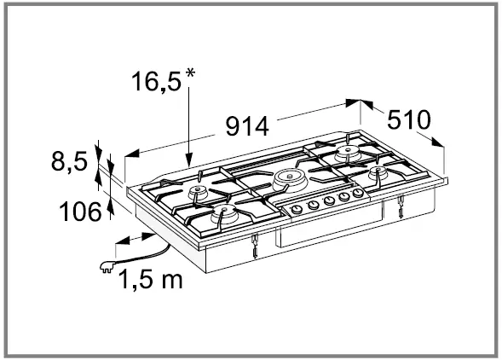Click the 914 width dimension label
(x=247, y=126)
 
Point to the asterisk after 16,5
(x=190, y=75)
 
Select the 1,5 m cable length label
(x=150, y=277)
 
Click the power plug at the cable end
(x=108, y=264)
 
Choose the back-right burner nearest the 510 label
(x=348, y=154)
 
